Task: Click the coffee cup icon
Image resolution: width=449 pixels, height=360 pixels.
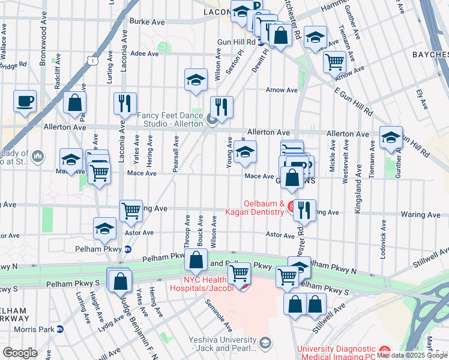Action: click(25, 101)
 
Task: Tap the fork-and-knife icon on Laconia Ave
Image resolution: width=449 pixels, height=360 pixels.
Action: click(125, 104)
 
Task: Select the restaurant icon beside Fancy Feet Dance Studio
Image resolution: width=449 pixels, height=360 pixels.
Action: click(221, 107)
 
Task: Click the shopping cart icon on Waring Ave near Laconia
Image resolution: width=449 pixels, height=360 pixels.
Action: click(131, 211)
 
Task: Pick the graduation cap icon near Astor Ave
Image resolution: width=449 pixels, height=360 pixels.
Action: click(104, 229)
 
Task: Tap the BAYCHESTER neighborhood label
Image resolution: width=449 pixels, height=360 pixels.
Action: click(430, 55)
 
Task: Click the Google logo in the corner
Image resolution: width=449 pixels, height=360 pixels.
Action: click(20, 353)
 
